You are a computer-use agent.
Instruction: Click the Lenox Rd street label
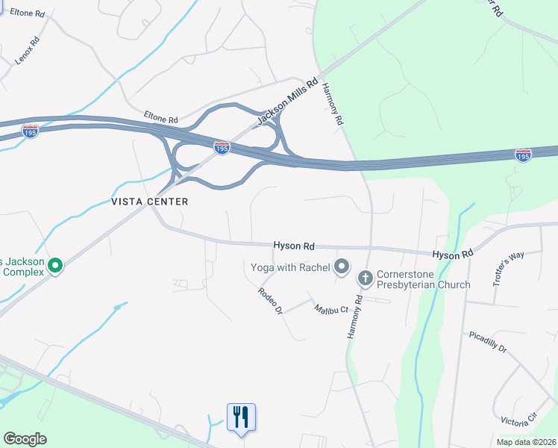click(x=27, y=51)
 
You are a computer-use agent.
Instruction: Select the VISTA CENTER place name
click(x=149, y=202)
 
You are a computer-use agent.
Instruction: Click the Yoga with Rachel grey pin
click(x=342, y=266)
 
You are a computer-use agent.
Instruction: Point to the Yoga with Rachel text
click(x=291, y=266)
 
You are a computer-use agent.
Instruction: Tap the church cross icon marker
click(x=365, y=279)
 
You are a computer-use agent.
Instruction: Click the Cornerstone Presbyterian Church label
click(x=423, y=279)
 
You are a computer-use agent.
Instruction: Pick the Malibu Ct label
click(x=331, y=308)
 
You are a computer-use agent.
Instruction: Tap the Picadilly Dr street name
click(x=488, y=342)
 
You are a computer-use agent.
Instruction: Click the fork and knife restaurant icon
click(x=241, y=416)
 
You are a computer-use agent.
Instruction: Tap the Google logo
click(x=25, y=439)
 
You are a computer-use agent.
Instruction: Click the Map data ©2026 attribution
click(x=526, y=442)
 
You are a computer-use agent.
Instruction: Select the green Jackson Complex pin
click(x=54, y=265)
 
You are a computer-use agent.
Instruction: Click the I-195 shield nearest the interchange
click(x=222, y=148)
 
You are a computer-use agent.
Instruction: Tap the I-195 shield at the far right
click(x=524, y=155)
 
